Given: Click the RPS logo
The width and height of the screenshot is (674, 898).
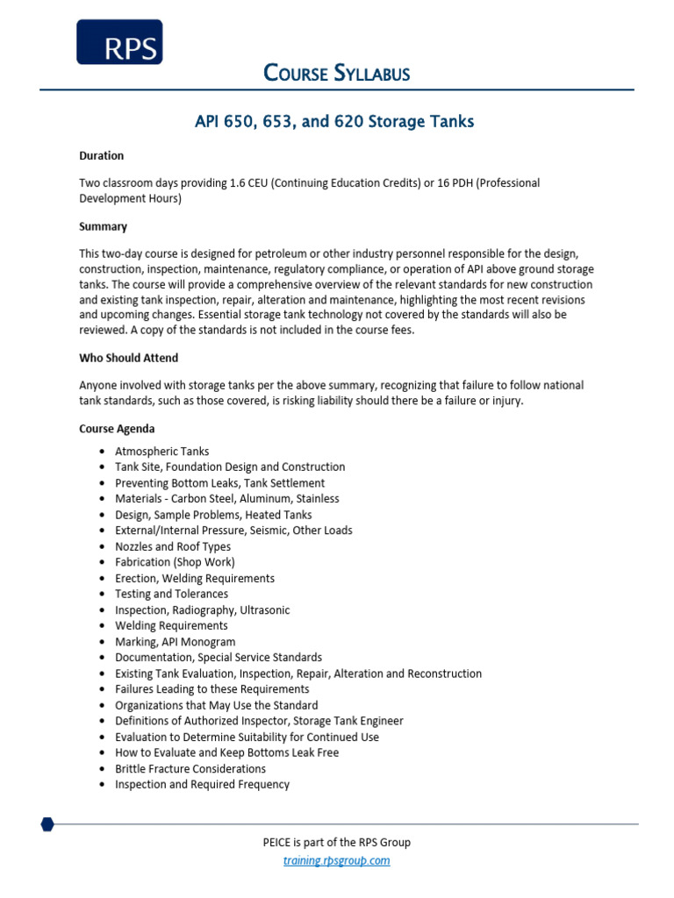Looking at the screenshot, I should coord(119,42).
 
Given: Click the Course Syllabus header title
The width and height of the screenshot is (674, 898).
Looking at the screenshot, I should coord(337,74).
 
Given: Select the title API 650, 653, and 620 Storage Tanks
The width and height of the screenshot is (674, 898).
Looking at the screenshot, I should coord(334,122).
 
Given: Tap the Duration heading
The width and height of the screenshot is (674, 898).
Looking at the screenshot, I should coord(101,156).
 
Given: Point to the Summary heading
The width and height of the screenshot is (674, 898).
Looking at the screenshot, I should coord(103,226).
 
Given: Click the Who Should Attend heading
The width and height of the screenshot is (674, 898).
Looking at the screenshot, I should coord(129,359).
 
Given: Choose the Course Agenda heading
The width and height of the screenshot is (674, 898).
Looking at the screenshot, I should coord(117,429).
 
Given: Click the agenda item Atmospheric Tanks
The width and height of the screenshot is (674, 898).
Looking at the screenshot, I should coord(161,451).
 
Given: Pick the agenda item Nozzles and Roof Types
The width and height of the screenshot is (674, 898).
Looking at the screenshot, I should coord(173,546).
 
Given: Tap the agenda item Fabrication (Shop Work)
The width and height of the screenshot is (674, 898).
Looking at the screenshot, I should coord(175,562).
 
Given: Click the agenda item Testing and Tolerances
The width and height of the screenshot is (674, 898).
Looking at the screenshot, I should coord(171,594).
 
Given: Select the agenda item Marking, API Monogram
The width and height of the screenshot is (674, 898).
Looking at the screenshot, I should coord(175,642).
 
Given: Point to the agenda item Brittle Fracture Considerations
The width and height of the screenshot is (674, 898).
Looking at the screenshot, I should coord(190,769).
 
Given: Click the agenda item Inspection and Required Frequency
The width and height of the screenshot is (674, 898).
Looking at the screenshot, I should coord(202,785).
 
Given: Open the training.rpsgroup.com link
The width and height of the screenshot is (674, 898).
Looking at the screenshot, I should coord(337,860).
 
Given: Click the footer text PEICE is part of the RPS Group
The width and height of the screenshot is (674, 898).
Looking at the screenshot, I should coord(337,843).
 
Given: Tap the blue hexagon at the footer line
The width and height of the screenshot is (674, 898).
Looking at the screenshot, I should coord(47,824).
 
